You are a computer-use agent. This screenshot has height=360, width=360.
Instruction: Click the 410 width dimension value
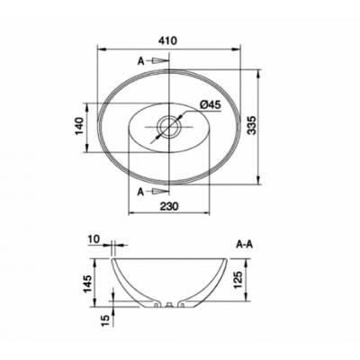pyautogui.click(x=168, y=40)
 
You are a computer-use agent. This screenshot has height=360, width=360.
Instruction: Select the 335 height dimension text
pyautogui.click(x=253, y=125)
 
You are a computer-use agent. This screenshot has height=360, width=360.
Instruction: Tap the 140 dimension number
pyautogui.click(x=79, y=126)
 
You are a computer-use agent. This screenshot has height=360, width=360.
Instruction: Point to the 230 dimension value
pyautogui.click(x=169, y=206)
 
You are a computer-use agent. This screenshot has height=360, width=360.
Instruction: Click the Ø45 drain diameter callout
pyautogui.click(x=210, y=104)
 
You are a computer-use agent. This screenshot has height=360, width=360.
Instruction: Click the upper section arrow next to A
pyautogui.click(x=159, y=61)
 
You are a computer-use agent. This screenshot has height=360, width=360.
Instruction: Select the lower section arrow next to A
pyautogui.click(x=159, y=191)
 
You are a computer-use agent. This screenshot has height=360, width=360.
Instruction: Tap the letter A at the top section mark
pyautogui.click(x=140, y=61)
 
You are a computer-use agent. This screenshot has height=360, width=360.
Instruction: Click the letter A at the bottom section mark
pyautogui.click(x=140, y=192)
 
